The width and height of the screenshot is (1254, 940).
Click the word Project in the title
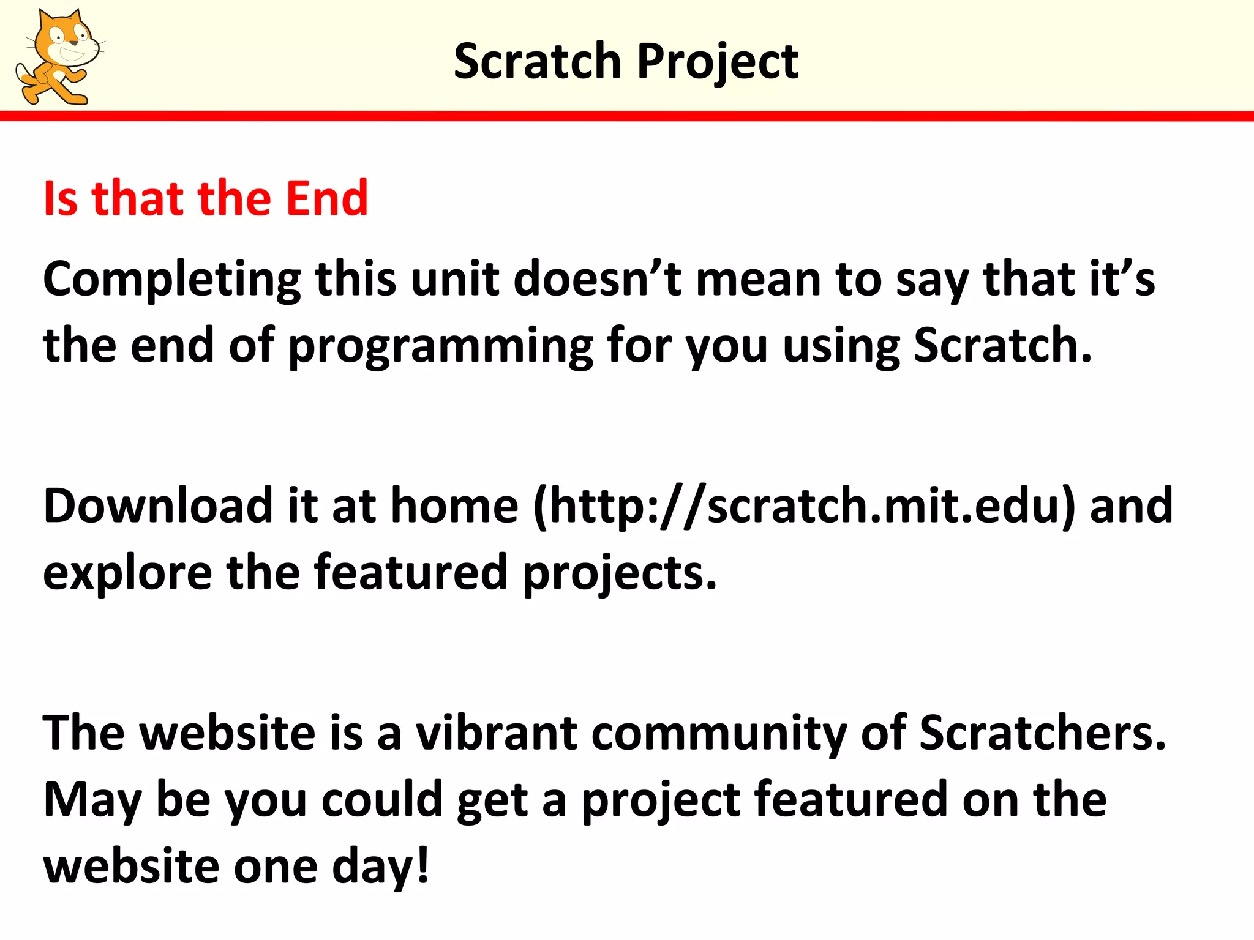coord(718,62)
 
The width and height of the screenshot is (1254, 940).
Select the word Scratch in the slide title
coord(537,62)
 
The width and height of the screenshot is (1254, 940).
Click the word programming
coord(440,347)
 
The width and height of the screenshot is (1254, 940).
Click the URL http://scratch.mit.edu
coord(804,507)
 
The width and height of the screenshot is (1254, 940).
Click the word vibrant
coord(496,733)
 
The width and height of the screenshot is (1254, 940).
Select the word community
coord(719,734)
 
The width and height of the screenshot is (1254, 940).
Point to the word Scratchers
coord(1042,733)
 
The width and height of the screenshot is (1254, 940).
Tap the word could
coord(381,800)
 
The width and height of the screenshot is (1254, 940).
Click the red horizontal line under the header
coord(627,116)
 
